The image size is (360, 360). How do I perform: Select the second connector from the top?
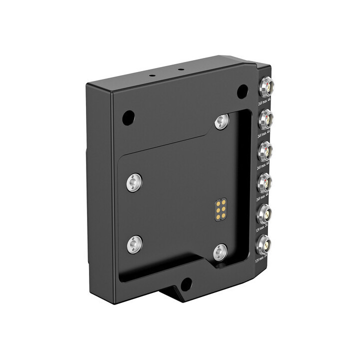click(x=265, y=120)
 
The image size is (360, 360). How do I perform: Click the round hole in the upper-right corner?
click(x=242, y=91)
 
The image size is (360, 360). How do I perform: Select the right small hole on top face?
click(x=181, y=69)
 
